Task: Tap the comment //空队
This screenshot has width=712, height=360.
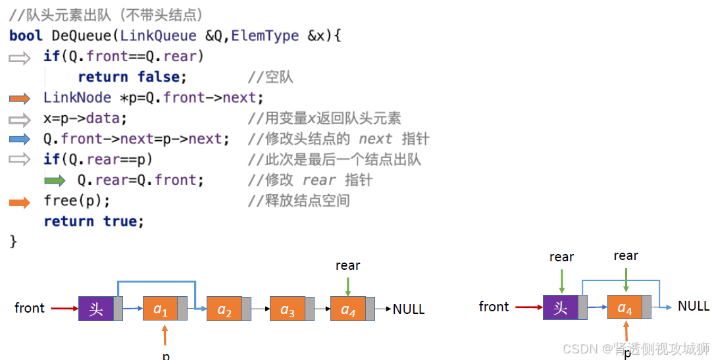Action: (270, 77)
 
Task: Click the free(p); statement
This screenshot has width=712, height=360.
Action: (77, 200)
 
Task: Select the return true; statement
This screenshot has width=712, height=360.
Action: (93, 221)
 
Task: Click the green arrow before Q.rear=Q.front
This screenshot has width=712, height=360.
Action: (55, 180)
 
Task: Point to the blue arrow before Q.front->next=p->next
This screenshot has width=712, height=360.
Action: (20, 139)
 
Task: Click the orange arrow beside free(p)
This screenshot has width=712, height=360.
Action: (20, 202)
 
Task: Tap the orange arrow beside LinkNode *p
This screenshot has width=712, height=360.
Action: (20, 99)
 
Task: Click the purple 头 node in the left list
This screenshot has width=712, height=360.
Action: (96, 309)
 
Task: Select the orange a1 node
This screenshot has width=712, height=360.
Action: (161, 309)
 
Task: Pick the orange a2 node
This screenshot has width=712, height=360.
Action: (225, 309)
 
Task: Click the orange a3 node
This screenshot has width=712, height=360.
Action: (288, 309)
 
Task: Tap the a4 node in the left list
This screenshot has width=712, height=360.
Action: (348, 309)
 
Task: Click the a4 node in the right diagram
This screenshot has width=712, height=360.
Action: (624, 307)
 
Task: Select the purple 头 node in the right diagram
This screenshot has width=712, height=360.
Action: (560, 307)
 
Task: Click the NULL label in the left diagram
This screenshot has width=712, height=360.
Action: (409, 309)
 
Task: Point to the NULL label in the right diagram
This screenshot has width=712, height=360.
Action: (694, 306)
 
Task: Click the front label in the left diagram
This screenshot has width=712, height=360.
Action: (30, 308)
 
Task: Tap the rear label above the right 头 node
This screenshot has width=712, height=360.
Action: (561, 257)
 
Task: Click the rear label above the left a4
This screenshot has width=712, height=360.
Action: (347, 265)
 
